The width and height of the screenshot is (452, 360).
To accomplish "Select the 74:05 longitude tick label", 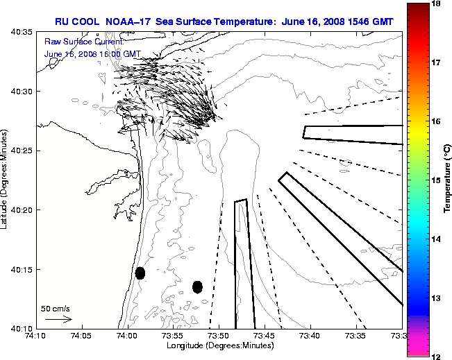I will (81, 336).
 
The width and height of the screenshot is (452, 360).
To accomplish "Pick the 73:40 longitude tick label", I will (310, 336).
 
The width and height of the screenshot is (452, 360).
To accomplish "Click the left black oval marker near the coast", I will (140, 273).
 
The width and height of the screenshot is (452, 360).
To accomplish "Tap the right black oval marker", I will (197, 286).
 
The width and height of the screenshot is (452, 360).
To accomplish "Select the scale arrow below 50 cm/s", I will (58, 319).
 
